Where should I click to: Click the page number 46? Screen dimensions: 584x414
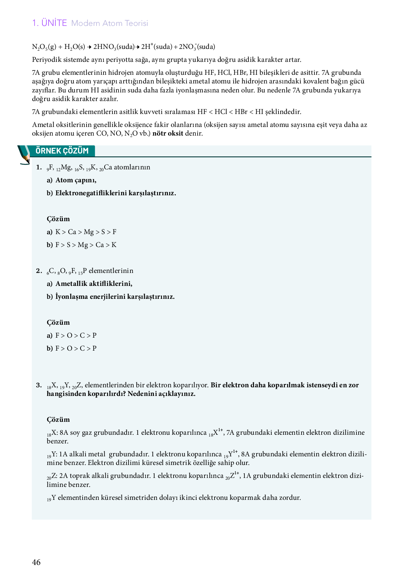pyautogui.click(x=36, y=562)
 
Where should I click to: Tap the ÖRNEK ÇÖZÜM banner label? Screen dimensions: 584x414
pyautogui.click(x=62, y=151)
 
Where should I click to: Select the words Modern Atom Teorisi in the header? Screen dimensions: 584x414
pyautogui.click(x=110, y=23)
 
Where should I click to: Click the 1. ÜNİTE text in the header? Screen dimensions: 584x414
pyautogui.click(x=50, y=23)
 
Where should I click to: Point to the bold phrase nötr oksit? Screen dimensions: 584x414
pyautogui.click(x=168, y=133)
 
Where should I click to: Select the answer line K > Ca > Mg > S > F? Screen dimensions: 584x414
pyautogui.click(x=86, y=232)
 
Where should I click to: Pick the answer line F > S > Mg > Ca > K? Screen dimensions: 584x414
pyautogui.click(x=86, y=245)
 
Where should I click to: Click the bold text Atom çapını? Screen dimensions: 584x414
pyautogui.click(x=76, y=180)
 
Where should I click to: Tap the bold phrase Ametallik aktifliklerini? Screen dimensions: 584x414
pyautogui.click(x=94, y=284)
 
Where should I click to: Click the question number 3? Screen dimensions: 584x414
pyautogui.click(x=39, y=385)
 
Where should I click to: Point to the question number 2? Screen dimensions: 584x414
pyautogui.click(x=39, y=271)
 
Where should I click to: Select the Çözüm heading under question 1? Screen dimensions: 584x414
pyautogui.click(x=58, y=219)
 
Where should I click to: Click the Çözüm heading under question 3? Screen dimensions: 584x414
pyautogui.click(x=58, y=420)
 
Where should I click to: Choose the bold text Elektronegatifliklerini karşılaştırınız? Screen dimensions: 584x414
pyautogui.click(x=116, y=193)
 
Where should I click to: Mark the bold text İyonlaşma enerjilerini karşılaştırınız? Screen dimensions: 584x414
pyautogui.click(x=115, y=297)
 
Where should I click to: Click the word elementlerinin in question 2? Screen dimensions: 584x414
pyautogui.click(x=111, y=271)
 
